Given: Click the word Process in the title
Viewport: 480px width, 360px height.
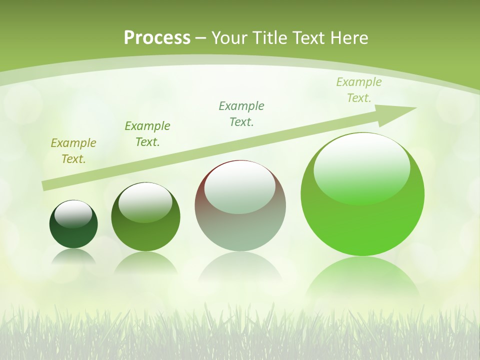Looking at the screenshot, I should (157, 38).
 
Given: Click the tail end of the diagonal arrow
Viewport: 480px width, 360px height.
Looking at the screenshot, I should (46, 185).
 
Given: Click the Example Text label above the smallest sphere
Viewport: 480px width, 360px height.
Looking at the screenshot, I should (73, 151).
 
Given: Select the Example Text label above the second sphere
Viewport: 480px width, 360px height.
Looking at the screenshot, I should (147, 134).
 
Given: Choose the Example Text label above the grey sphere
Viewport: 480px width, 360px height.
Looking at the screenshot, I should (241, 114).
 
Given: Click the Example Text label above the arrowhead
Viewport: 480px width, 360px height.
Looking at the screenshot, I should (359, 90).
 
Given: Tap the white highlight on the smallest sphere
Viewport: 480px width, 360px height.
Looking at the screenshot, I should (73, 214).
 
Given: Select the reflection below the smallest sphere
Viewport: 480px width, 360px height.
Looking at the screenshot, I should (73, 257).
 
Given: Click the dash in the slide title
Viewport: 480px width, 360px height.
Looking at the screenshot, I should (201, 38).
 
